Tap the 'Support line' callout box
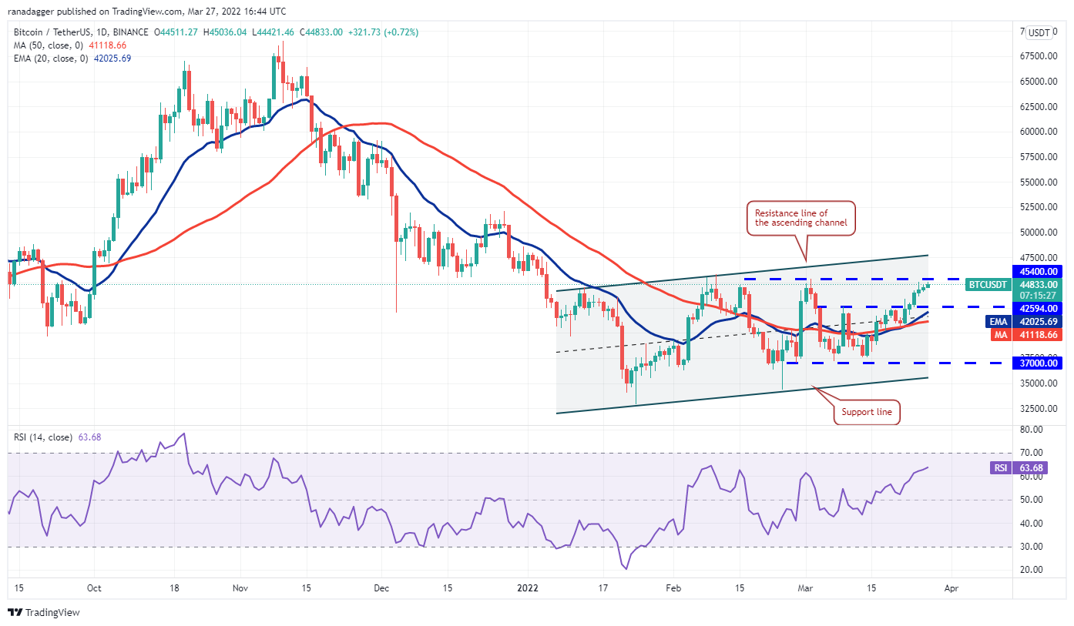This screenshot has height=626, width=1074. point(866,412)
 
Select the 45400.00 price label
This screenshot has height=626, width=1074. point(1039,271)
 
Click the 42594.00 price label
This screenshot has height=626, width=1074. point(1039,308)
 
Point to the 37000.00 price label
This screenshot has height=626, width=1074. point(1039,363)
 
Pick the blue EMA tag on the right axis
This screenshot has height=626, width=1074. point(997,322)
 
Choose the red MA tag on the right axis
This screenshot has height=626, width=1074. point(998,334)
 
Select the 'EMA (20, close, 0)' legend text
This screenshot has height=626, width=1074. point(50,59)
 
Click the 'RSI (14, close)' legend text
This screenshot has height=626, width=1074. point(42,437)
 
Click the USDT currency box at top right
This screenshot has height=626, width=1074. point(1039,32)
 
